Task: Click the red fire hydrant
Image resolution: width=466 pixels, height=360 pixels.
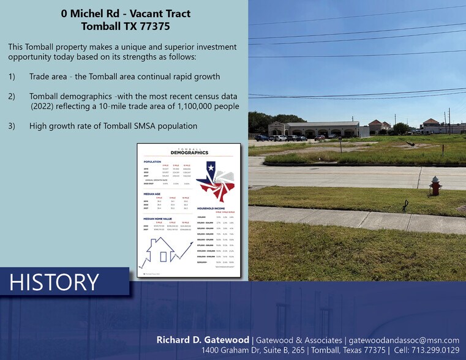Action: pyautogui.click(x=435, y=186)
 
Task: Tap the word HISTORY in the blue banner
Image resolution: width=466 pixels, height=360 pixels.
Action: pyautogui.click(x=54, y=282)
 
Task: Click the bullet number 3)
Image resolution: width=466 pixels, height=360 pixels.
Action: pyautogui.click(x=12, y=126)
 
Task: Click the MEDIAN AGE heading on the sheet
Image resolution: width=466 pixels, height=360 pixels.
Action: pyautogui.click(x=152, y=193)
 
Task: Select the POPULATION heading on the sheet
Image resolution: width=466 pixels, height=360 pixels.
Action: pyautogui.click(x=152, y=162)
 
